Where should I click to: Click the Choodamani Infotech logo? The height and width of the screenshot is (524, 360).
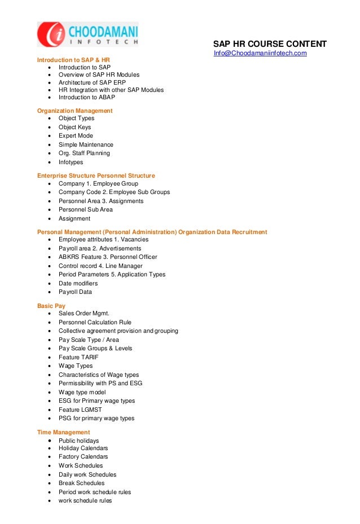point(87,34)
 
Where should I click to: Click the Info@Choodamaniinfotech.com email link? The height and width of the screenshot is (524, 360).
point(260,53)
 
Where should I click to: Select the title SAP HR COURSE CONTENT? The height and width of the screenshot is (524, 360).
point(269,44)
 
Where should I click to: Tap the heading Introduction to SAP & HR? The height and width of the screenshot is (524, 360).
point(73,60)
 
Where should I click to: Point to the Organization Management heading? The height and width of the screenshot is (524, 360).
point(74,111)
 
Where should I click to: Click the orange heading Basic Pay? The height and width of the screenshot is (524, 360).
point(51,306)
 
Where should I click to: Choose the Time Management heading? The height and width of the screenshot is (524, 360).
point(63,432)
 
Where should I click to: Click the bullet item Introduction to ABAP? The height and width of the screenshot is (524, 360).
point(87,97)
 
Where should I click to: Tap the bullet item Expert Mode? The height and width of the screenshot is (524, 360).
point(76,136)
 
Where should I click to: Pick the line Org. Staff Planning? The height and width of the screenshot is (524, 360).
point(84,153)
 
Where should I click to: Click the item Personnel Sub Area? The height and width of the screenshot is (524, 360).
point(86,210)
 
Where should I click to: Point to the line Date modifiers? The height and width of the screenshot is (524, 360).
point(78,283)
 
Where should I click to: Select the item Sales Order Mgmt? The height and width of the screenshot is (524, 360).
point(84,314)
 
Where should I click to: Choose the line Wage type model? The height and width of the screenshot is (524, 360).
point(82,392)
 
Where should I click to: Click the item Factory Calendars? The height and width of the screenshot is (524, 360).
point(84,457)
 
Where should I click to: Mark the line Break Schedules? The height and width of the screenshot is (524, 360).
point(81,483)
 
